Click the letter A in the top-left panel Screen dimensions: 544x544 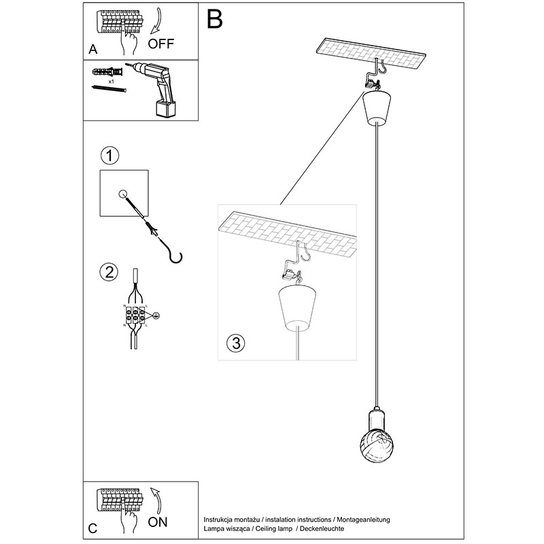click(93, 49)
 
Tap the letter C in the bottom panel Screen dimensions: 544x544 click(93, 528)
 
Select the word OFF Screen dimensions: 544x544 click(161, 45)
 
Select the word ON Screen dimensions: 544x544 click(158, 524)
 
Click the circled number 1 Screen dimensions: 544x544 click(109, 155)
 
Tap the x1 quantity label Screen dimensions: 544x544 click(110, 80)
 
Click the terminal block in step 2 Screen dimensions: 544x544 click(135, 315)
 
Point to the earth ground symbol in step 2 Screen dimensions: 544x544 click(155, 315)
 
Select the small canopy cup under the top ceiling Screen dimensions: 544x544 click(375, 108)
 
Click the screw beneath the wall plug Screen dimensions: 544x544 click(109, 89)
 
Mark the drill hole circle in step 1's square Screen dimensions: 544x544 click(124, 194)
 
